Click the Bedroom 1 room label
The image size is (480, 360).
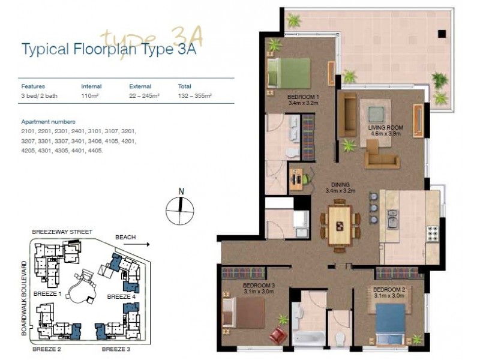[x=303, y=100]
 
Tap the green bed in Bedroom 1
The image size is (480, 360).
[x=289, y=74]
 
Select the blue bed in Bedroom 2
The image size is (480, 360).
[x=390, y=323]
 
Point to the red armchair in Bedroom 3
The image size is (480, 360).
[x=278, y=335]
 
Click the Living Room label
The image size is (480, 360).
[x=385, y=130]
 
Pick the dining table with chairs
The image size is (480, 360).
[x=340, y=226]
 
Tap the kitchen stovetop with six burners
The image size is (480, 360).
[x=432, y=234]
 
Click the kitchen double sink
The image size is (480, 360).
[x=392, y=219]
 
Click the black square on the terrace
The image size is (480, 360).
[x=442, y=34]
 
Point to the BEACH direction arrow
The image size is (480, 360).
[x=136, y=244]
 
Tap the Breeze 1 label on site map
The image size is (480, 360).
[x=47, y=294]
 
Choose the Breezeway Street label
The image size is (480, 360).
[x=62, y=232]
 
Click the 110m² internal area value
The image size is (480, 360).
[x=89, y=96]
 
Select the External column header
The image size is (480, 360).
[x=140, y=86]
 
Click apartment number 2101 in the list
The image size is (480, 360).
[x=28, y=131]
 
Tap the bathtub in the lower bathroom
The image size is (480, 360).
[x=308, y=338]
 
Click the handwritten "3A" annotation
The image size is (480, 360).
[x=187, y=36]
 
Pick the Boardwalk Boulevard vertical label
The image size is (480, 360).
[x=24, y=298]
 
